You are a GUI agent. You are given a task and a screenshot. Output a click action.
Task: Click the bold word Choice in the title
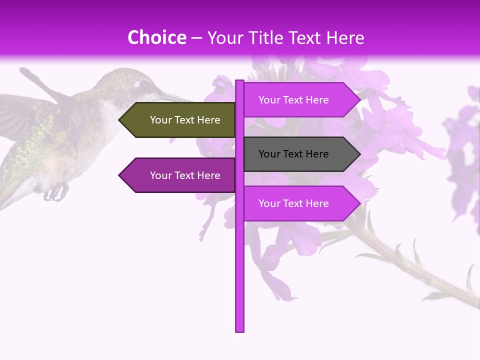coord(156,38)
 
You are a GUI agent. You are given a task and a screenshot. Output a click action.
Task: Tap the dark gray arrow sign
coord(300,154)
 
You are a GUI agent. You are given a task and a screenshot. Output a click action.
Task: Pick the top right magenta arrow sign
coord(300,100)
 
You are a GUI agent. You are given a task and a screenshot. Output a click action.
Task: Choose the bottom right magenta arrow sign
coord(300,203)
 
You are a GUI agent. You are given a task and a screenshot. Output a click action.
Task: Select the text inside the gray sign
coord(293,154)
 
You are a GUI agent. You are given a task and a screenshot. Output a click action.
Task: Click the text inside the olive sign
coord(185,120)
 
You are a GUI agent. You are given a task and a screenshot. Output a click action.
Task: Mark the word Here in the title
coord(345,38)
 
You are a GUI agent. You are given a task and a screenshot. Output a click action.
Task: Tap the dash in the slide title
coord(196,38)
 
